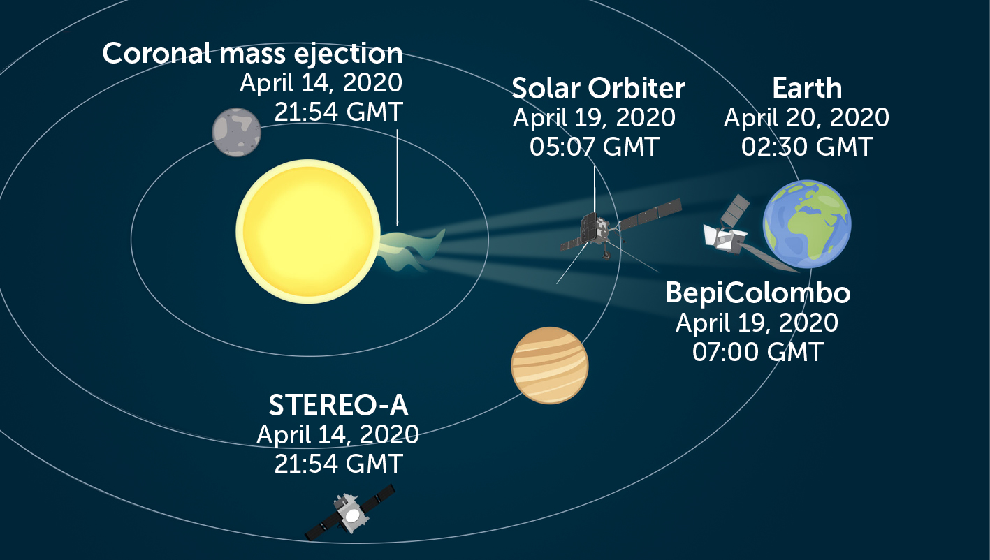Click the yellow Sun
(307, 230)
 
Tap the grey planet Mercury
(237, 133)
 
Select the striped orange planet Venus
(550, 365)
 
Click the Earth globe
(807, 224)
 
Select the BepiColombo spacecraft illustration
(727, 234)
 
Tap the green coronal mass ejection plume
(412, 248)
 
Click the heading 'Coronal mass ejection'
(252, 54)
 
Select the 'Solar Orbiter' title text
(598, 89)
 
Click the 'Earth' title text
(807, 89)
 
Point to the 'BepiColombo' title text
(757, 293)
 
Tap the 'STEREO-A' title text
(338, 406)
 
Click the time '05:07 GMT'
(594, 147)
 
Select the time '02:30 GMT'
(807, 147)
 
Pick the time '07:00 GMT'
(757, 351)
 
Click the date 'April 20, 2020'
(806, 117)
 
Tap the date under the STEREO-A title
(337, 434)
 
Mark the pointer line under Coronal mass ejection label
(397, 175)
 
